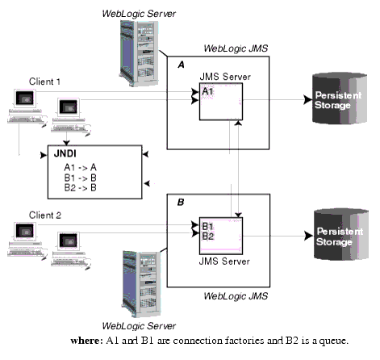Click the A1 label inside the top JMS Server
pos(208,92)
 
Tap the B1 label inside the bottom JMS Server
pos(208,226)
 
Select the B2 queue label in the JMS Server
pos(208,236)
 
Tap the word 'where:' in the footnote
pos(87,340)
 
